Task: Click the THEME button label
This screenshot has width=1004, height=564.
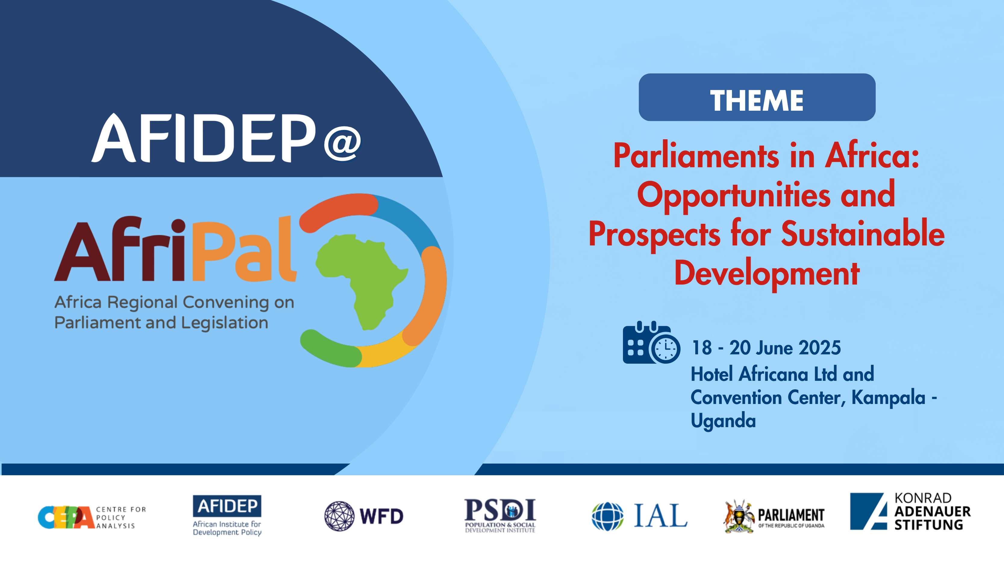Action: click(x=756, y=100)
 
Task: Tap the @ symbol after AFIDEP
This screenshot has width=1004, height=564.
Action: click(x=342, y=143)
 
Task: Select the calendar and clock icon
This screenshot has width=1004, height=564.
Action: click(x=651, y=343)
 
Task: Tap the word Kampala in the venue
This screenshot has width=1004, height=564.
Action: click(x=888, y=397)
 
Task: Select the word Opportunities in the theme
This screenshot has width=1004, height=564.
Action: click(x=733, y=196)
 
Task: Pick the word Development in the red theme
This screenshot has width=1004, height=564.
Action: click(x=767, y=274)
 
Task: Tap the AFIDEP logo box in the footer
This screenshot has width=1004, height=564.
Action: click(x=227, y=506)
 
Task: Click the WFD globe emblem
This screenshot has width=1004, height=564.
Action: click(x=339, y=516)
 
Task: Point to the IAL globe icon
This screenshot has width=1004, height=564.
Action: click(x=607, y=516)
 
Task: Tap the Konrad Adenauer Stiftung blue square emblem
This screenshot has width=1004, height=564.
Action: click(x=868, y=511)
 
